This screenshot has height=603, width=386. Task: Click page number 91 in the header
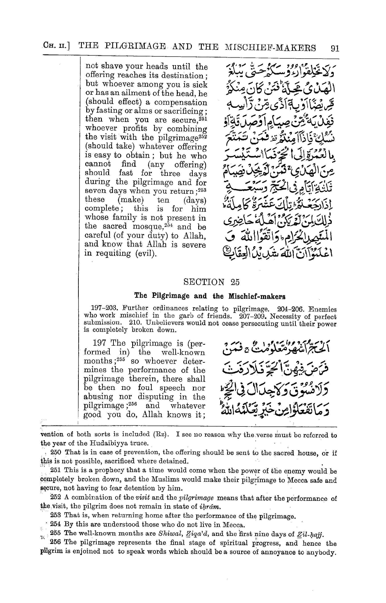335,48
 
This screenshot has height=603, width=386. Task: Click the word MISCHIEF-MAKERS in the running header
270,47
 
